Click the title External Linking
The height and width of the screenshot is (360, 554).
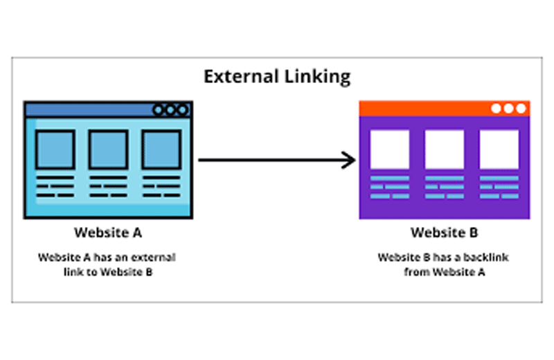click(x=277, y=76)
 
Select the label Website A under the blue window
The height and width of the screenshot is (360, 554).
click(x=109, y=232)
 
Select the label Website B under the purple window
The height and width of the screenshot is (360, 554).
click(x=444, y=232)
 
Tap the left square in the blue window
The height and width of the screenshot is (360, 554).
click(x=55, y=150)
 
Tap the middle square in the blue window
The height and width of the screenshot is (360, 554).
click(x=108, y=150)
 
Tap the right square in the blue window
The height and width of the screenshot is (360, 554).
click(x=161, y=150)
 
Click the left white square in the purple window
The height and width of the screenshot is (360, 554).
click(x=389, y=150)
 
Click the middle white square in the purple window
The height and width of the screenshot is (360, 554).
click(x=444, y=150)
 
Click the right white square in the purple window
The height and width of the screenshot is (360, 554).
click(x=499, y=150)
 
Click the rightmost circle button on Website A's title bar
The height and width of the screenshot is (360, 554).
click(x=182, y=109)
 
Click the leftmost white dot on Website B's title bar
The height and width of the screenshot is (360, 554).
click(x=497, y=108)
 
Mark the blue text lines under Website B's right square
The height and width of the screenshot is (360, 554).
click(x=499, y=187)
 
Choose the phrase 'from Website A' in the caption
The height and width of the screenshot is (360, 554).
click(x=444, y=272)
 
